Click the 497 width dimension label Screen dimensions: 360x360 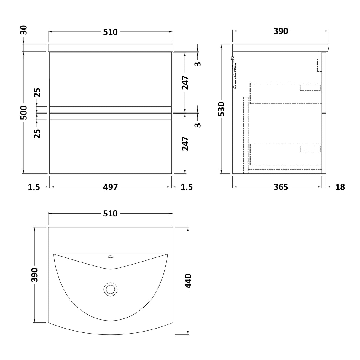click(110, 187)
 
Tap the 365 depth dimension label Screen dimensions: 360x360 click(281, 187)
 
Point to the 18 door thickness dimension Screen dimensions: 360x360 click(340, 187)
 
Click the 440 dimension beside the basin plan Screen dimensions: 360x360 click(188, 281)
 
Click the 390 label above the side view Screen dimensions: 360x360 click(281, 31)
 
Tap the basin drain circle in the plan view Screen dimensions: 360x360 click(111, 289)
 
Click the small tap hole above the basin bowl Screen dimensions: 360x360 click(111, 256)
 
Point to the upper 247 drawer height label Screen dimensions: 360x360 click(186, 83)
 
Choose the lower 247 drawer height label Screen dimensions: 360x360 click(186, 144)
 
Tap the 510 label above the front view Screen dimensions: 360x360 click(110, 32)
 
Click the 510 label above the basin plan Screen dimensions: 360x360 click(110, 214)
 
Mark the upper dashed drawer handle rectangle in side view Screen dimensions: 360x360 click(310, 88)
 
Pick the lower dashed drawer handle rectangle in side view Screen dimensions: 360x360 click(310, 149)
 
